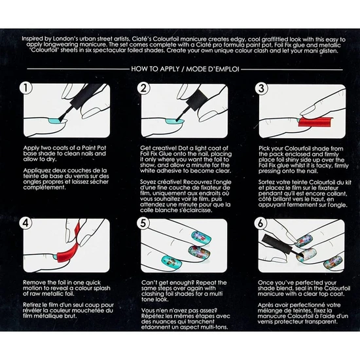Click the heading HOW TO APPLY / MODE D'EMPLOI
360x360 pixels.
click(x=180, y=67)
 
